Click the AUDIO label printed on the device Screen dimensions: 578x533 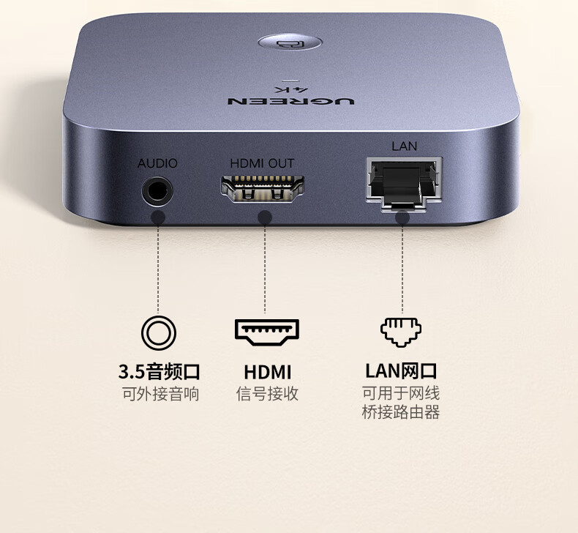[x=157, y=163]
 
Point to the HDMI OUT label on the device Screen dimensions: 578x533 [x=262, y=163]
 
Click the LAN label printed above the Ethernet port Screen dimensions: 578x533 [x=404, y=146]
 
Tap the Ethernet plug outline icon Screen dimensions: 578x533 [x=400, y=331]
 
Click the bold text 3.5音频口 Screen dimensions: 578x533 [x=159, y=371]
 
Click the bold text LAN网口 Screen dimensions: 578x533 [x=401, y=370]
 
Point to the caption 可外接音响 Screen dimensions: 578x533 [x=159, y=394]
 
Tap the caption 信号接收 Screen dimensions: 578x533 [x=267, y=394]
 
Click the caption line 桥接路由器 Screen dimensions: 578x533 [x=401, y=412]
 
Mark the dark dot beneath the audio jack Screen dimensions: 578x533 [x=157, y=217]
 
